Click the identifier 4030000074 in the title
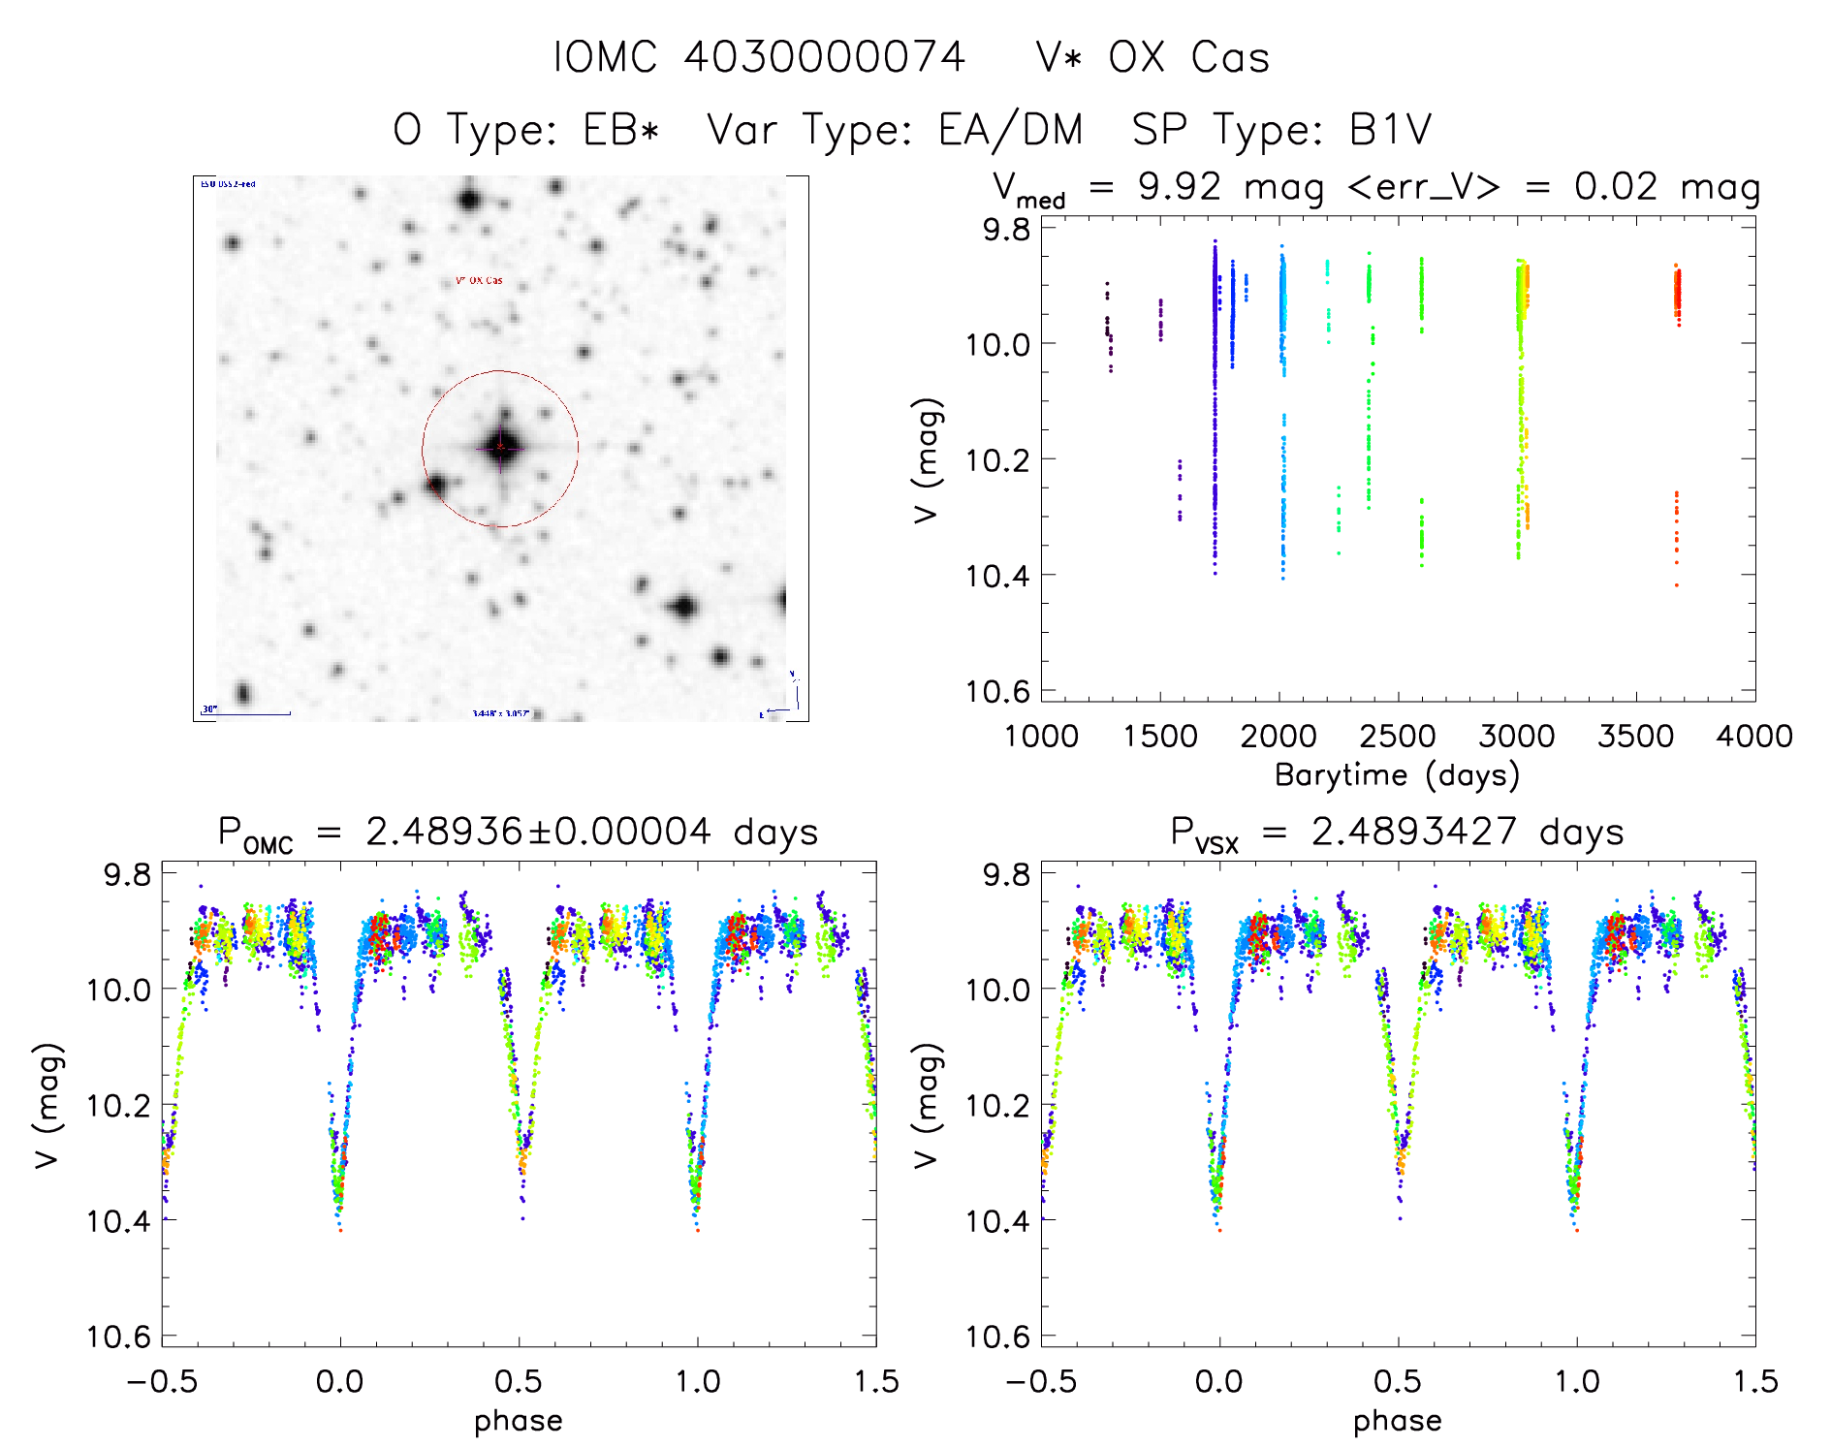click(x=824, y=57)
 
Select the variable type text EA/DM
click(x=1010, y=130)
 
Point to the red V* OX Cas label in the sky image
click(x=480, y=281)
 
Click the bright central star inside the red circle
click(x=501, y=447)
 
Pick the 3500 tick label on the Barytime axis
click(x=1635, y=736)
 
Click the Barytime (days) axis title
click(x=1397, y=775)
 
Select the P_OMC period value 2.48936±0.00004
click(x=538, y=833)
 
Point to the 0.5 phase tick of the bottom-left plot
click(x=519, y=1381)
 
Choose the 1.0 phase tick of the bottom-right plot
click(x=1577, y=1381)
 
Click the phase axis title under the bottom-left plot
click(x=519, y=1421)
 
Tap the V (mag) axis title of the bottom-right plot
click(x=928, y=1105)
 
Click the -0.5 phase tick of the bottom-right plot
click(x=1041, y=1381)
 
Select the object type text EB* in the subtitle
click(x=621, y=130)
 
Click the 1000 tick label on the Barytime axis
click(x=1041, y=736)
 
